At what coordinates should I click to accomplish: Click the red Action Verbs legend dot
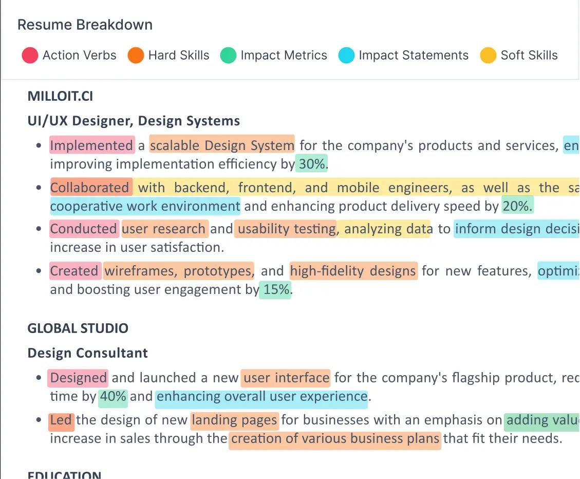click(x=30, y=56)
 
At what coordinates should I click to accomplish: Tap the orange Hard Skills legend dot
click(x=136, y=56)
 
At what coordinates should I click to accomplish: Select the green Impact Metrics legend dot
click(x=228, y=56)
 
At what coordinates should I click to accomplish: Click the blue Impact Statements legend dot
click(x=346, y=56)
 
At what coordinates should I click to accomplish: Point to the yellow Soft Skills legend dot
click(x=488, y=56)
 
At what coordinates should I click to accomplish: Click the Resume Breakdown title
click(x=85, y=25)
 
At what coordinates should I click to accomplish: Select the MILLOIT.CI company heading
click(x=60, y=96)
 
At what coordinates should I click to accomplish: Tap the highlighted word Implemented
click(x=91, y=145)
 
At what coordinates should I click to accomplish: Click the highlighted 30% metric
click(x=312, y=164)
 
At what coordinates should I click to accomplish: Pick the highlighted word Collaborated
click(x=90, y=188)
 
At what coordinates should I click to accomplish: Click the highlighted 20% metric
click(x=517, y=206)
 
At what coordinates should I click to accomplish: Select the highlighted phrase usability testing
click(x=286, y=229)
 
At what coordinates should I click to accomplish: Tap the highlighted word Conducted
click(x=84, y=229)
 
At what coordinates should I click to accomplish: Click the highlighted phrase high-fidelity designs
click(x=353, y=271)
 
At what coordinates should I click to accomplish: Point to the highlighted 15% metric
click(x=276, y=289)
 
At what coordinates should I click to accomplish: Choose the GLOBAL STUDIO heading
click(x=78, y=328)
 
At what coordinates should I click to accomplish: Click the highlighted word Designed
click(x=78, y=378)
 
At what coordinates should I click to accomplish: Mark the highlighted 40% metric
click(x=113, y=396)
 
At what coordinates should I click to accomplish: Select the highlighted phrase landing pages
click(x=234, y=420)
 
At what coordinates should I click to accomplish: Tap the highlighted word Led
click(x=61, y=420)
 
